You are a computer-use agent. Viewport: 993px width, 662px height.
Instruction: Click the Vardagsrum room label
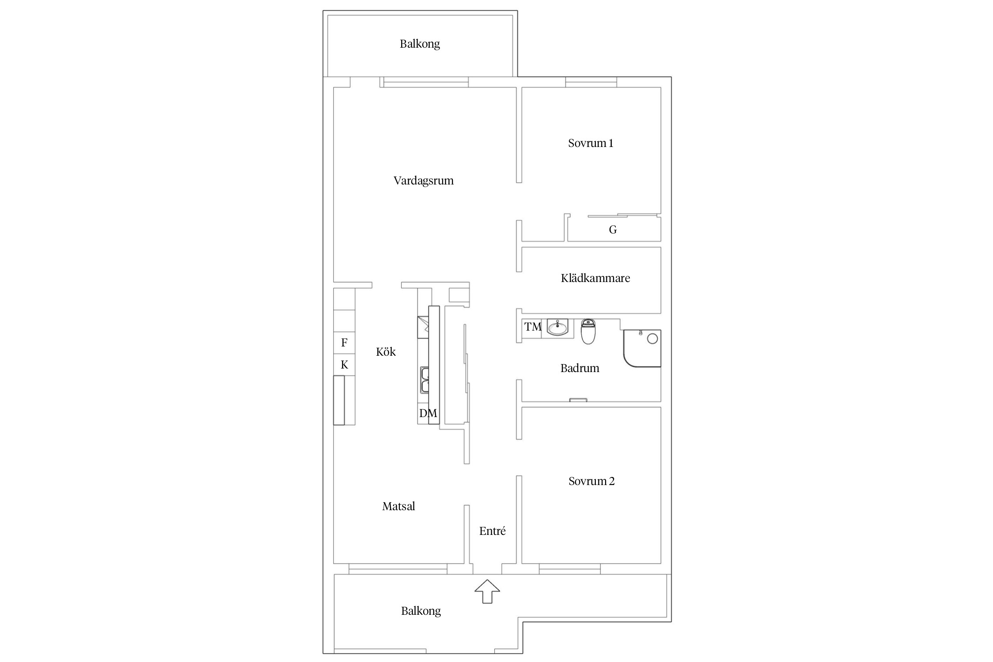point(423,181)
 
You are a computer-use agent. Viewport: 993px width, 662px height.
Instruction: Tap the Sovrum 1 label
point(591,143)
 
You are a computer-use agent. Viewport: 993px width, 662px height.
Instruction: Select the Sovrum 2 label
point(591,481)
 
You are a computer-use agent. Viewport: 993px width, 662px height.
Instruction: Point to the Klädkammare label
point(595,278)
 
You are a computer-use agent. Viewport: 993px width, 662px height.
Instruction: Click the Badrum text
point(579,368)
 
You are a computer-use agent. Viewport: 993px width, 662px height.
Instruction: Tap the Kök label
point(386,352)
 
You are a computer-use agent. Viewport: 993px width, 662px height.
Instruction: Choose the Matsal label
point(399,506)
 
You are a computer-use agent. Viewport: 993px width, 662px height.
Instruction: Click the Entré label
point(492,531)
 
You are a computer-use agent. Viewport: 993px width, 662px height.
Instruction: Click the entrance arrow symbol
point(487,591)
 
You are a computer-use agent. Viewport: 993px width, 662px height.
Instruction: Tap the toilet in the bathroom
point(588,331)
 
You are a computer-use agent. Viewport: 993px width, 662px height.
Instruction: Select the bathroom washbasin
point(558,327)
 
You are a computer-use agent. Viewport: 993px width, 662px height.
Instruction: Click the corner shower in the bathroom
point(642,348)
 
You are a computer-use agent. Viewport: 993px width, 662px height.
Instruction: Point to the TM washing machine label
point(533,327)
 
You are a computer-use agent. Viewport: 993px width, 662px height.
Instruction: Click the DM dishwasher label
point(428,414)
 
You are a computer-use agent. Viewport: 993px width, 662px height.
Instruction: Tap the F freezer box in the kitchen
point(344,343)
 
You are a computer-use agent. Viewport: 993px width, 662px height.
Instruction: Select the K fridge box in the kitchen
point(344,365)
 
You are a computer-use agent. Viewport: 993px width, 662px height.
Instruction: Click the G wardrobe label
point(613,230)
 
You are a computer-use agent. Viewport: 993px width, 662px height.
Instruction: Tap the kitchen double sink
point(425,380)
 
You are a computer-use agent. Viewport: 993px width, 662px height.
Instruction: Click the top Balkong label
point(420,44)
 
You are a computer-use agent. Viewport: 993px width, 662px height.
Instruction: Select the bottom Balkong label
point(421,611)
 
